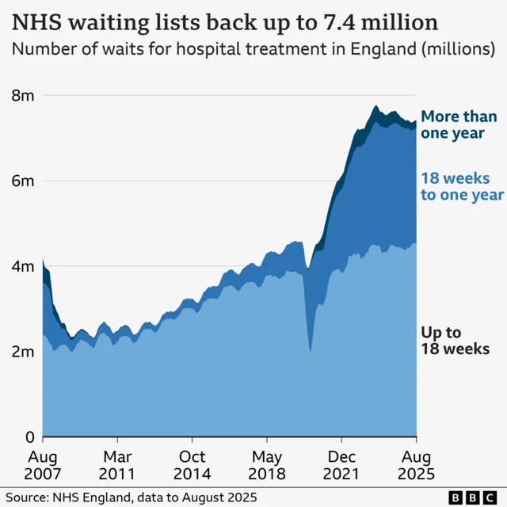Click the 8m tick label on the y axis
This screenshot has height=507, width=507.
21,96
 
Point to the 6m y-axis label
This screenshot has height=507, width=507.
21,181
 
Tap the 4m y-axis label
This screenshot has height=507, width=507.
21,267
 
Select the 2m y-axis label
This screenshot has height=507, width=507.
21,352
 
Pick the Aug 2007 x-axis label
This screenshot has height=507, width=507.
43,466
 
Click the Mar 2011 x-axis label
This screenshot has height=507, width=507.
117,466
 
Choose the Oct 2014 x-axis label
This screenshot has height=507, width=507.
192,466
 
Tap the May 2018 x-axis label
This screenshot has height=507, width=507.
267,466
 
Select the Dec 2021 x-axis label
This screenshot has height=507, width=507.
341,466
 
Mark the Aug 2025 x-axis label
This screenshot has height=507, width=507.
416,466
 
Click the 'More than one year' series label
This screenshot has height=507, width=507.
459,125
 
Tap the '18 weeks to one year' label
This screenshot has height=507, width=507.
461,187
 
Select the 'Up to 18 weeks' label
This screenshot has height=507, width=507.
454,341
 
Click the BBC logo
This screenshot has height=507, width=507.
469,497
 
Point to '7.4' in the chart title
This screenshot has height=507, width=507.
341,20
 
